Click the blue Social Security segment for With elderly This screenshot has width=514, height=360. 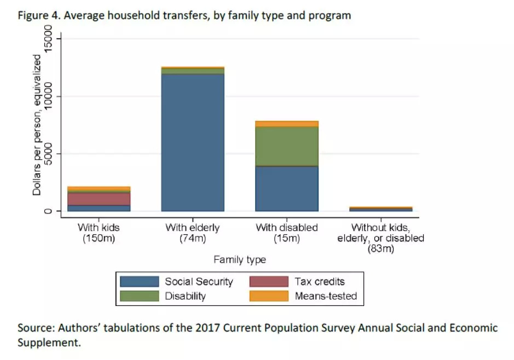193,142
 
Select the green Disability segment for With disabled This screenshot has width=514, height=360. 287,146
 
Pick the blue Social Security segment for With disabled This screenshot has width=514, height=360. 287,189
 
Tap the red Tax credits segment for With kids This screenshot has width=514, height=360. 99,199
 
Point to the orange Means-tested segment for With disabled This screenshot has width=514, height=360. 287,124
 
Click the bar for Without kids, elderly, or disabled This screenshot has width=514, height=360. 380,208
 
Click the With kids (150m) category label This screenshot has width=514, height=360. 99,233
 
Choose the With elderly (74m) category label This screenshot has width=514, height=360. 193,233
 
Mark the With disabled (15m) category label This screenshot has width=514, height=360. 287,233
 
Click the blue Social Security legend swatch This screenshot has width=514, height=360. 140,282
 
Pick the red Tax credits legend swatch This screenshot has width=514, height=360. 269,282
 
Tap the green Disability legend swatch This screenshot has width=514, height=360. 140,296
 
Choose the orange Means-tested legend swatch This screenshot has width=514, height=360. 269,296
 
